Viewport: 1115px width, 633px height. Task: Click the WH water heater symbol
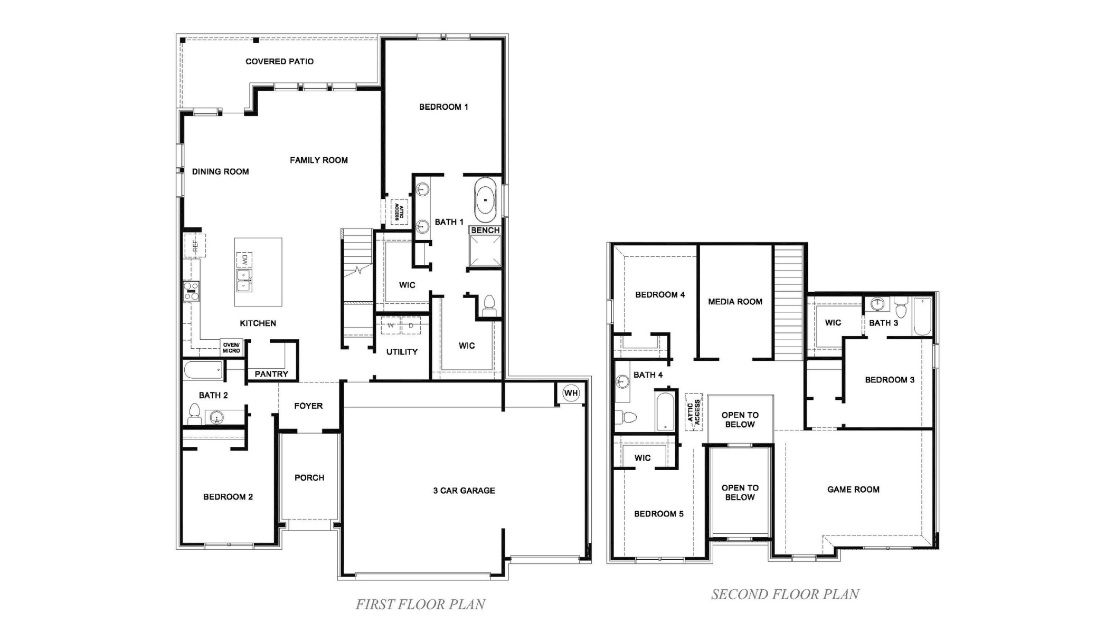[x=571, y=393]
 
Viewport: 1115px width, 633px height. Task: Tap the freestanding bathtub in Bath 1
[x=485, y=200]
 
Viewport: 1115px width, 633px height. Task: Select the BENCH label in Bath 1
[x=485, y=231]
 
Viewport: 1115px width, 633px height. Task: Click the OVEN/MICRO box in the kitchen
[x=231, y=348]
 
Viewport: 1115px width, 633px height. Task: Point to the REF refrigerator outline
[x=194, y=245]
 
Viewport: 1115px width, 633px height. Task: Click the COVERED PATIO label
[x=279, y=62]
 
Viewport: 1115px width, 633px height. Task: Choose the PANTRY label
[x=271, y=374]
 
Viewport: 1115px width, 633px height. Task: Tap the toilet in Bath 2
[x=194, y=415]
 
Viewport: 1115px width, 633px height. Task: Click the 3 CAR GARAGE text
[x=464, y=491]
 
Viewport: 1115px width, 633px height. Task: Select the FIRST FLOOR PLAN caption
[x=420, y=605]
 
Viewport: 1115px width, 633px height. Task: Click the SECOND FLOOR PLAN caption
[x=785, y=594]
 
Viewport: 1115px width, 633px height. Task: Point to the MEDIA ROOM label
[x=735, y=302]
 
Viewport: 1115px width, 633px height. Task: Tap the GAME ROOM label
[x=853, y=490]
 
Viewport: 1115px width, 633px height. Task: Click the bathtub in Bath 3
[x=922, y=316]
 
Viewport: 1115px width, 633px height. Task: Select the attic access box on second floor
[x=694, y=412]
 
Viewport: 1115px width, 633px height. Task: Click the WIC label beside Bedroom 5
[x=642, y=458]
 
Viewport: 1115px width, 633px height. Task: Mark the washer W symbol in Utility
[x=391, y=325]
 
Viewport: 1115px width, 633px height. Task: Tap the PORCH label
[x=309, y=478]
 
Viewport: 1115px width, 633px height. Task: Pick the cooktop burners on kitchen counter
[x=191, y=291]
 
